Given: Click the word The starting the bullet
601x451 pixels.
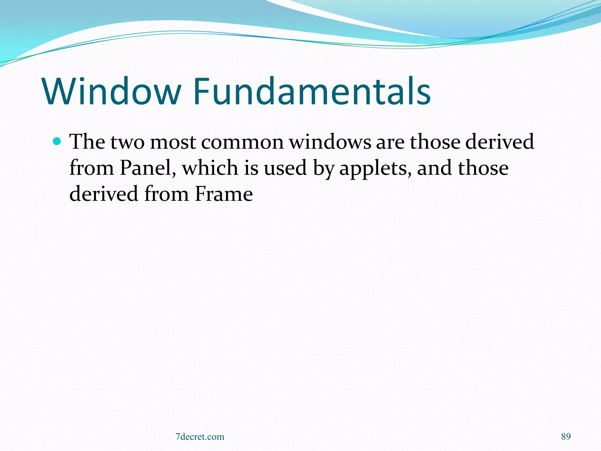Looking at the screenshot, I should click(x=87, y=142).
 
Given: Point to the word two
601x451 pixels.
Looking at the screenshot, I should click(x=127, y=142).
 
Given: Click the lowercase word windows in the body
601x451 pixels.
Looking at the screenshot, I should click(x=330, y=142).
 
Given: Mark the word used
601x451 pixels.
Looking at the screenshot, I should click(x=285, y=168).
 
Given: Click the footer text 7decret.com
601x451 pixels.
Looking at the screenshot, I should click(x=200, y=437).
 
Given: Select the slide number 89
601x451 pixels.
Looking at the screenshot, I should click(x=566, y=437).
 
